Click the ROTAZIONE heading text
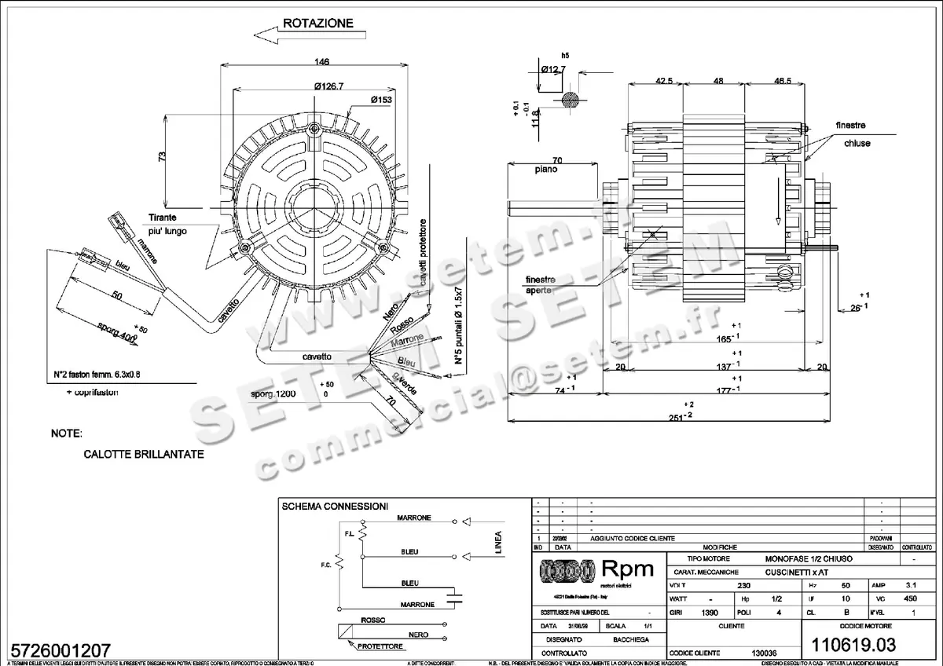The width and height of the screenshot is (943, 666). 317,23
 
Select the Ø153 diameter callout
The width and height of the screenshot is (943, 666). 382,100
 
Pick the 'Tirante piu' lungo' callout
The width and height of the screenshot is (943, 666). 167,224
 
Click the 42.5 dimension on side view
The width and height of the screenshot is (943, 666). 665,81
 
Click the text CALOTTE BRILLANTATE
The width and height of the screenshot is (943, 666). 143,454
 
